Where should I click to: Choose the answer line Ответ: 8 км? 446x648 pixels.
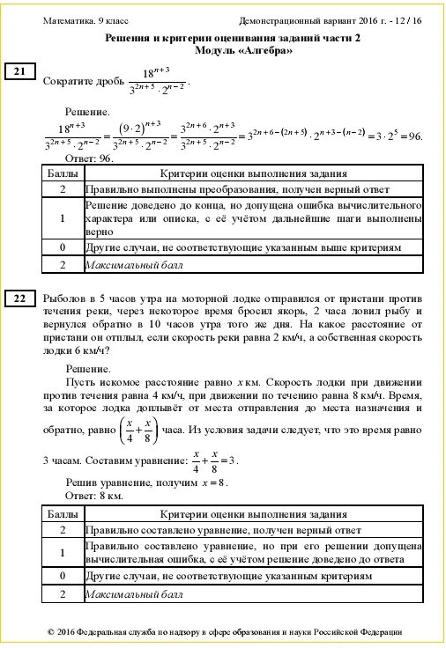pyautogui.click(x=94, y=497)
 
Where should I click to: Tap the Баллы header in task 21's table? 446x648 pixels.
pyautogui.click(x=62, y=174)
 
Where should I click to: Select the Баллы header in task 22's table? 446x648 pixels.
pyautogui.click(x=62, y=514)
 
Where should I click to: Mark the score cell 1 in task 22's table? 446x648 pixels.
pyautogui.click(x=63, y=552)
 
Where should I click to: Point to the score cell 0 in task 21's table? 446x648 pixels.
pyautogui.click(x=63, y=248)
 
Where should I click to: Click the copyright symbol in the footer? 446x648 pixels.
pyautogui.click(x=51, y=632)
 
